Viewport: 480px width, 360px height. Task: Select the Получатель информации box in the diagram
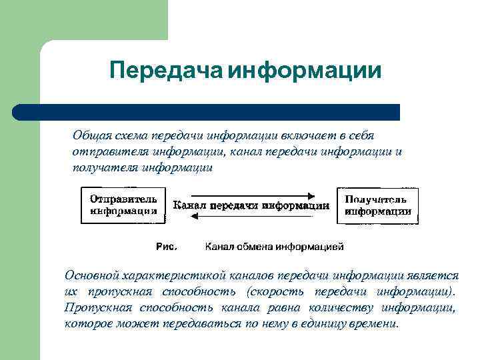pos(378,205)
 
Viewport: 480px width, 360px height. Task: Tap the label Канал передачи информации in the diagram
pos(251,206)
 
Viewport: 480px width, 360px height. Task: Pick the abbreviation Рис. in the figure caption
pos(166,247)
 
